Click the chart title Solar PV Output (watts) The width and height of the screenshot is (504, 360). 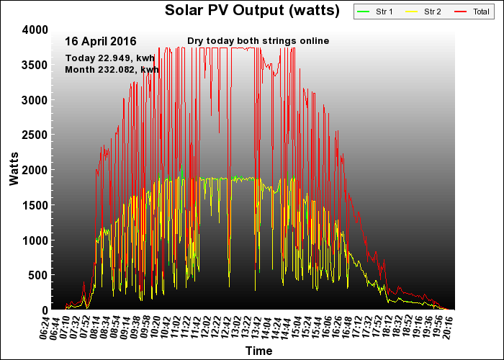click(252, 11)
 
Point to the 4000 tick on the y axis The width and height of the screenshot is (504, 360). click(35, 30)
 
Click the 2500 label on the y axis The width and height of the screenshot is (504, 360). click(35, 135)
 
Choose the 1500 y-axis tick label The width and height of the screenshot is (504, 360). click(35, 205)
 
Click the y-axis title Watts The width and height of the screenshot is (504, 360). click(14, 169)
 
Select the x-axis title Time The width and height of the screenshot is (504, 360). click(258, 351)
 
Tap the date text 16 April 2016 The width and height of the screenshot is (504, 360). click(100, 41)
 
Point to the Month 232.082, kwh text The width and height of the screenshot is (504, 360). click(112, 69)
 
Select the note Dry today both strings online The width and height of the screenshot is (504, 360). click(258, 41)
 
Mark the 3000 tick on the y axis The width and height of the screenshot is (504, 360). click(35, 99)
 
